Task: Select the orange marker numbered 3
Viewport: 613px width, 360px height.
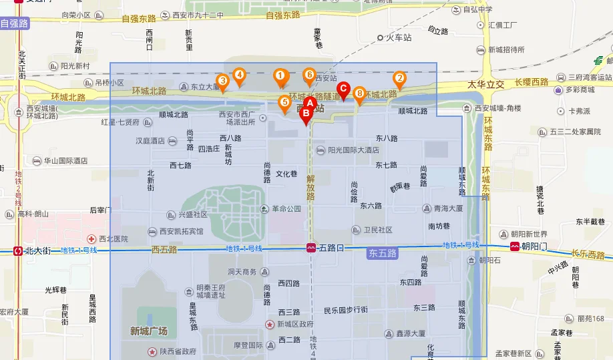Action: pyautogui.click(x=223, y=81)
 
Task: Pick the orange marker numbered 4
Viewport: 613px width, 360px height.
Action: pyautogui.click(x=238, y=75)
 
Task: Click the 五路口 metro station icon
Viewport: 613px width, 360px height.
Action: pyautogui.click(x=311, y=248)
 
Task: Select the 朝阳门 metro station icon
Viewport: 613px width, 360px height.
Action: pyautogui.click(x=515, y=246)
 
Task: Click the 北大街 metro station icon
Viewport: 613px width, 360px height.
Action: pyautogui.click(x=18, y=251)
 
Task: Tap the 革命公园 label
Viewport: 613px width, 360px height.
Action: pyautogui.click(x=286, y=209)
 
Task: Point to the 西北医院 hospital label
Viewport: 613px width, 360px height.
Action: pyautogui.click(x=113, y=238)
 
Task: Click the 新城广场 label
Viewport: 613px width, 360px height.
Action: pyautogui.click(x=149, y=331)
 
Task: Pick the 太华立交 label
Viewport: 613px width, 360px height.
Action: pyautogui.click(x=485, y=85)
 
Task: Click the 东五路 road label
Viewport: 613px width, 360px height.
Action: pyautogui.click(x=382, y=253)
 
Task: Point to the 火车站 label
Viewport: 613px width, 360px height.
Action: pyautogui.click(x=399, y=38)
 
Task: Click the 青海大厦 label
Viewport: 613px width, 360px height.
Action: pyautogui.click(x=448, y=208)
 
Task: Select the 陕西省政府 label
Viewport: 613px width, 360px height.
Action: pyautogui.click(x=178, y=351)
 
